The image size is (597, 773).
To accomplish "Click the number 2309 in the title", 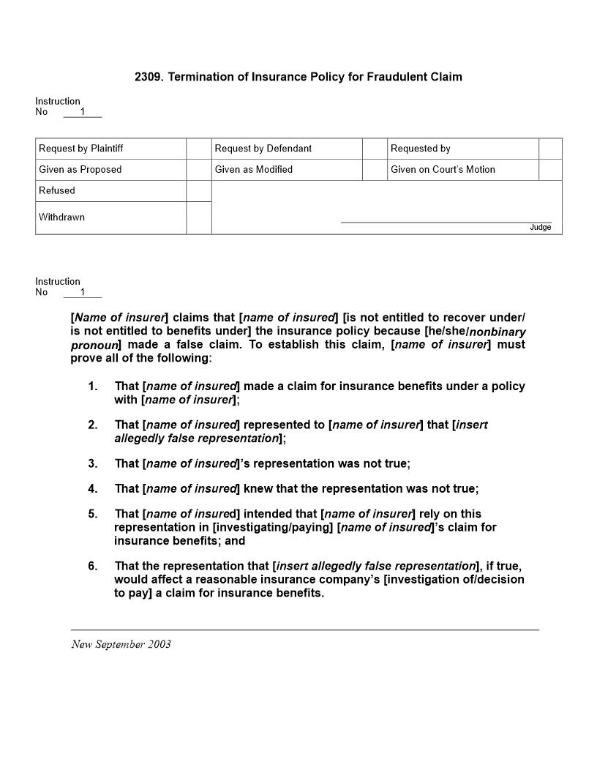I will tap(149, 77).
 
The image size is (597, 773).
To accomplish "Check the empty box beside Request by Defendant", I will tap(375, 149).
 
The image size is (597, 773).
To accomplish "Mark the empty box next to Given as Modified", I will tap(375, 170).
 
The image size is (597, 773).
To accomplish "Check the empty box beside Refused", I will tap(198, 191).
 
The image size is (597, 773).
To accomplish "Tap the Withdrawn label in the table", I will tap(62, 217).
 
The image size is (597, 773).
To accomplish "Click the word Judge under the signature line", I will tap(540, 228).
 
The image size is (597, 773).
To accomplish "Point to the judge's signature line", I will tap(446, 221).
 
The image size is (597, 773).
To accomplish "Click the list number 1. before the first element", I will tap(93, 386).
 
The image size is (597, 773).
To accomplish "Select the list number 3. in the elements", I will tap(93, 464).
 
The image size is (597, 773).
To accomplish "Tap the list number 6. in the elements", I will tap(93, 567).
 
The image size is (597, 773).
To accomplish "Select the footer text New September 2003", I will tap(121, 645).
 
